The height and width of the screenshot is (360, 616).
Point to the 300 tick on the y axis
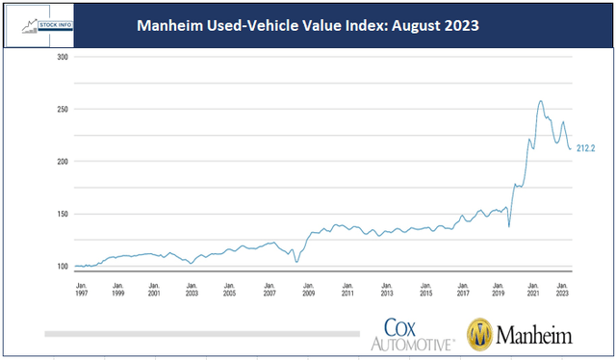(62, 57)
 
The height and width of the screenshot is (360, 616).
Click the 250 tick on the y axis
(62, 110)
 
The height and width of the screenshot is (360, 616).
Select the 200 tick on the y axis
(62, 162)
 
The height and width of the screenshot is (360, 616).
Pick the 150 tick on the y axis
(62, 214)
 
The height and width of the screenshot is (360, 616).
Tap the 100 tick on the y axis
(62, 267)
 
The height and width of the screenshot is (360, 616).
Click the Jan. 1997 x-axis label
(81, 289)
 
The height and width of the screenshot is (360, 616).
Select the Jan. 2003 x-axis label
(192, 289)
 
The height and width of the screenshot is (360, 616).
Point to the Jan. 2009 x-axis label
(309, 289)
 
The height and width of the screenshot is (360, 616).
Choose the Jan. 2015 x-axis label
(423, 289)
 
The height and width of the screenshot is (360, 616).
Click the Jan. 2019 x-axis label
(499, 289)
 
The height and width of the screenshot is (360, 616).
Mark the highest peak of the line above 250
(540, 100)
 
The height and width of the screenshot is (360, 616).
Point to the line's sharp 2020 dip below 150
(509, 226)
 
